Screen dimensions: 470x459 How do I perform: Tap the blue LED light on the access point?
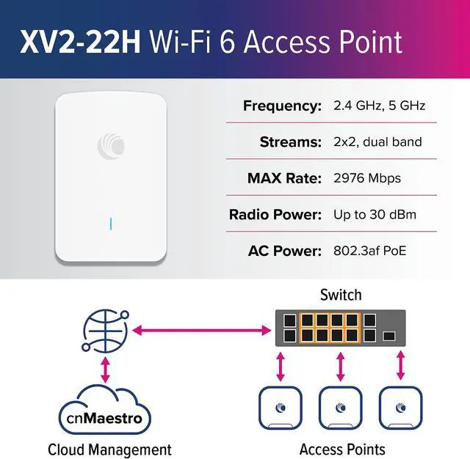click(110, 222)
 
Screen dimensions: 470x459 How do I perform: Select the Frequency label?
click(282, 106)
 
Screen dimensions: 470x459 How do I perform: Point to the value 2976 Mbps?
click(367, 178)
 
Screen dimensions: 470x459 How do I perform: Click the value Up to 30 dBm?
click(375, 215)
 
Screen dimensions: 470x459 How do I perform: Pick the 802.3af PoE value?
click(370, 251)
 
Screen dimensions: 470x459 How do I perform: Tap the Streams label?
click(291, 142)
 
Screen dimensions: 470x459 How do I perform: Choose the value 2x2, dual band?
click(377, 142)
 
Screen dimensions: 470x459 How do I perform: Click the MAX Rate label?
click(285, 178)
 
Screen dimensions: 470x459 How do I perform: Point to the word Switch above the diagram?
click(341, 295)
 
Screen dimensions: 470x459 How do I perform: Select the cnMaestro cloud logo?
click(104, 419)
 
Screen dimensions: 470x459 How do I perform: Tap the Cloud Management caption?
click(109, 449)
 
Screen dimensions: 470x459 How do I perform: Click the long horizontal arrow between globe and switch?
click(199, 332)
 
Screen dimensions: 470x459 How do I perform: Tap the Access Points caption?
click(342, 449)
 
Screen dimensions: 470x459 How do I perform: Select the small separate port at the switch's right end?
click(390, 336)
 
